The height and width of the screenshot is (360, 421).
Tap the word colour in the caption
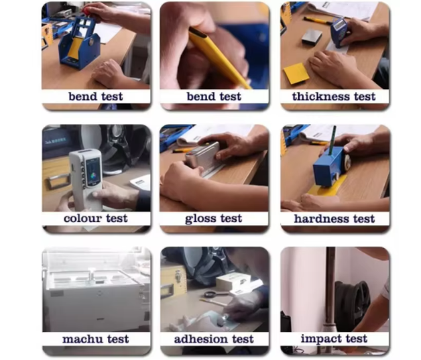point(82,219)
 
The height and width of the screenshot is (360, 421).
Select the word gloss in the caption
point(200,219)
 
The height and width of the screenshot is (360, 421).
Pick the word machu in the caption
point(80,339)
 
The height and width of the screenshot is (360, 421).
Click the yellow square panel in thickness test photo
point(296,73)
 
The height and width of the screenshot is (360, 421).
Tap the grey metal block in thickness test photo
point(312,36)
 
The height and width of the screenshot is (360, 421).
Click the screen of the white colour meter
point(93,170)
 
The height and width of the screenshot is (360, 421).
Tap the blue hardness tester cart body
point(330,167)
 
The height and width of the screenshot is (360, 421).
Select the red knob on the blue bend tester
point(86,11)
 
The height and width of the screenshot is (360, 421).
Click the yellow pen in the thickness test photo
point(317,20)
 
